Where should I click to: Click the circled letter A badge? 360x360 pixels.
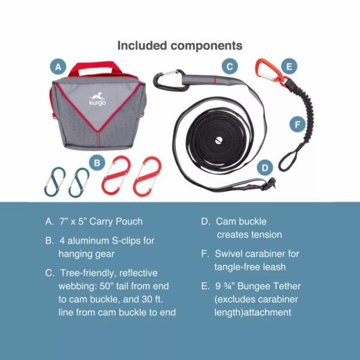pyautogui.click(x=58, y=67)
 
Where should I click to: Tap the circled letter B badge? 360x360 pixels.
pyautogui.click(x=96, y=161)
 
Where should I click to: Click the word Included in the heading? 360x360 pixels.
pyautogui.click(x=143, y=46)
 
